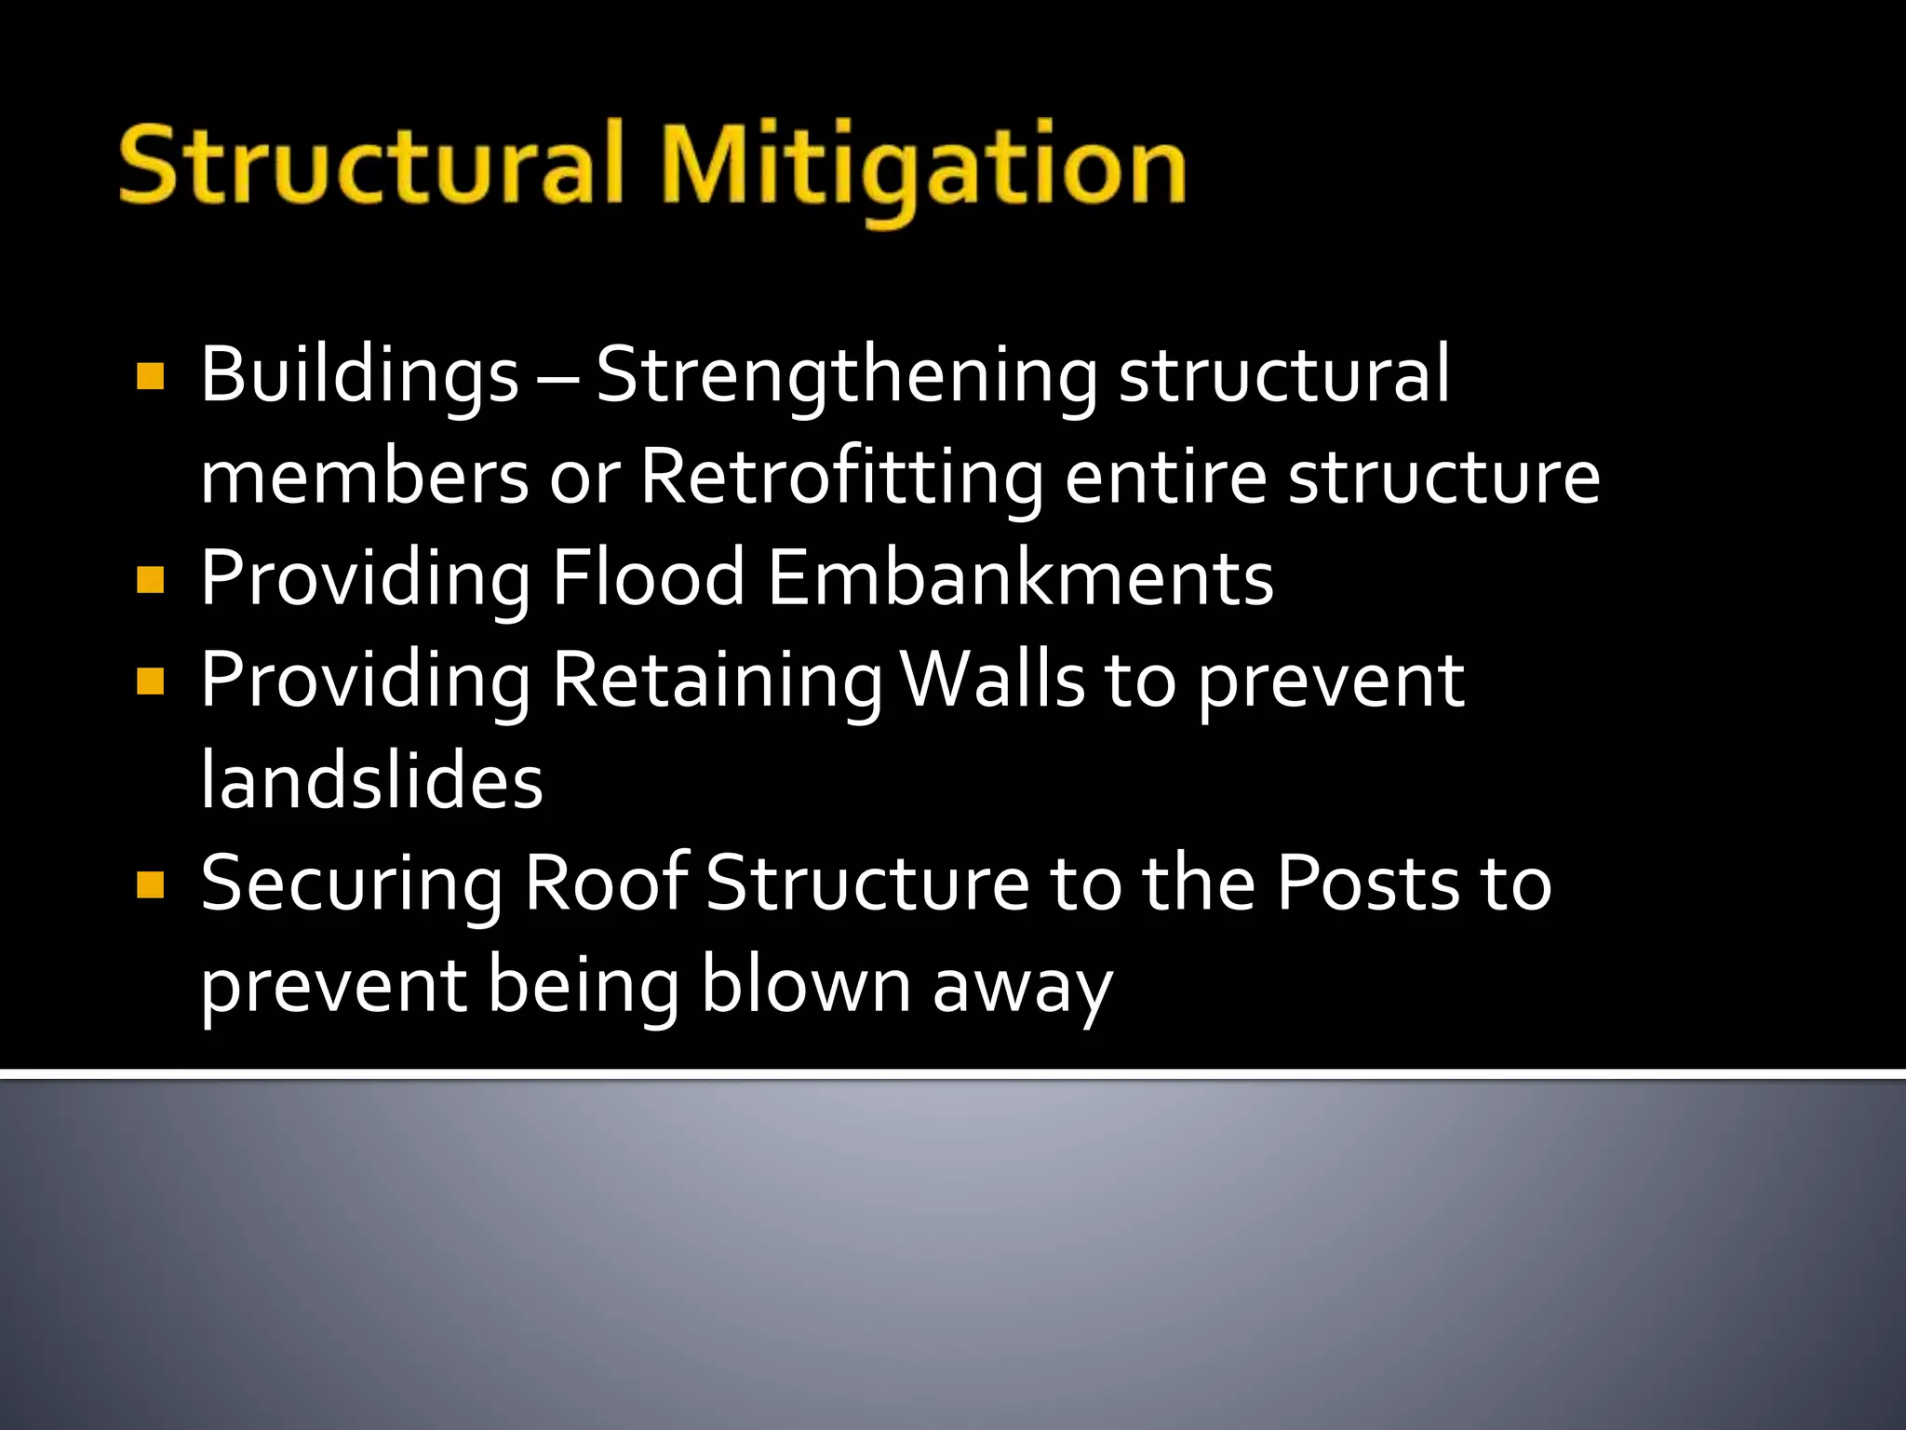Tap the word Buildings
coord(359,375)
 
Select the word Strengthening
coord(846,375)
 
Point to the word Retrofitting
coord(842,477)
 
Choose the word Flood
coord(649,578)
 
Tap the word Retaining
coord(717,681)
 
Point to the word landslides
coord(371,781)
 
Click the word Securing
coord(352,884)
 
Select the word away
coord(1022,989)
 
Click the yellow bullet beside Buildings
coord(150,376)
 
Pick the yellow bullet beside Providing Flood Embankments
coord(150,580)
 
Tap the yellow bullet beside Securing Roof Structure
coord(150,884)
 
